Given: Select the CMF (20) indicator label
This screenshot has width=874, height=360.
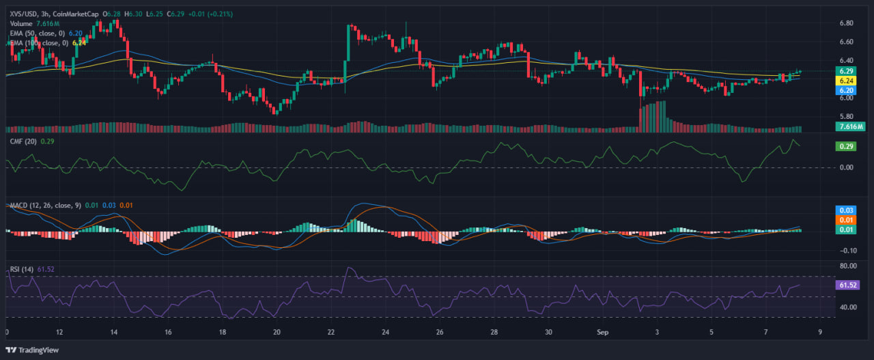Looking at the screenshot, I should pos(23,141).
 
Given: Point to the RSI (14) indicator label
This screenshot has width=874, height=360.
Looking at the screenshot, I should pos(23,269).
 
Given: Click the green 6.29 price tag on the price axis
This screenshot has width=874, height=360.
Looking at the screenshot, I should pos(847,71).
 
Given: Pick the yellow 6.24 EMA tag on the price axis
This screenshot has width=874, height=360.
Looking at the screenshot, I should pos(847,81).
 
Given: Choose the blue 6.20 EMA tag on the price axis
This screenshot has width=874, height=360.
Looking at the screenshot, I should pos(847,90).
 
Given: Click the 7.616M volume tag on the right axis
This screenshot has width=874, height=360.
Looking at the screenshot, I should pos(851,126).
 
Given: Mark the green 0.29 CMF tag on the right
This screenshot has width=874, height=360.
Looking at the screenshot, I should pos(847,146).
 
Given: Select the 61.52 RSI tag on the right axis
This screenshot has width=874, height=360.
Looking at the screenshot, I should pos(848,285).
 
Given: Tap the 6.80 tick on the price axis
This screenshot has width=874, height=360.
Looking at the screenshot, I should pos(846,23).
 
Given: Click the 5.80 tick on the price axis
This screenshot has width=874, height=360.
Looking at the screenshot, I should pos(846,117).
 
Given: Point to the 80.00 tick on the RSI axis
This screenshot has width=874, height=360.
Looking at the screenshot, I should pos(847,265).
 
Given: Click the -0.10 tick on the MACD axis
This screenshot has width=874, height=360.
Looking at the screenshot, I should pos(847,250).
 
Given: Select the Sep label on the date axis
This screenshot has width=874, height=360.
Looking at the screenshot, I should pos(602,332).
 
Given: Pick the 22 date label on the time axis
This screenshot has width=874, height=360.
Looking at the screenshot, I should pos(331,332).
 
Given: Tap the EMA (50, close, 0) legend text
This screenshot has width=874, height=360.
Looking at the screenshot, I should pos(38,32).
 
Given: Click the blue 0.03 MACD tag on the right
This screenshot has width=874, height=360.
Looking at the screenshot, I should pos(847,210).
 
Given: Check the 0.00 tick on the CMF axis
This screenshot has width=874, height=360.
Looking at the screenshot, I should pos(846,167).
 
